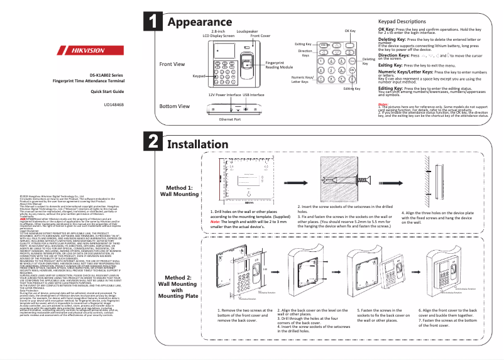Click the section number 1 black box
153,21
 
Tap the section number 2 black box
153,141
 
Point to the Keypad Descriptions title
408,21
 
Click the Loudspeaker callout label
246,31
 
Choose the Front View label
172,64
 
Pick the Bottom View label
175,106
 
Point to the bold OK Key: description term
386,29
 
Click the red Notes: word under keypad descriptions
383,104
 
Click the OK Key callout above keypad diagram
350,31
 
